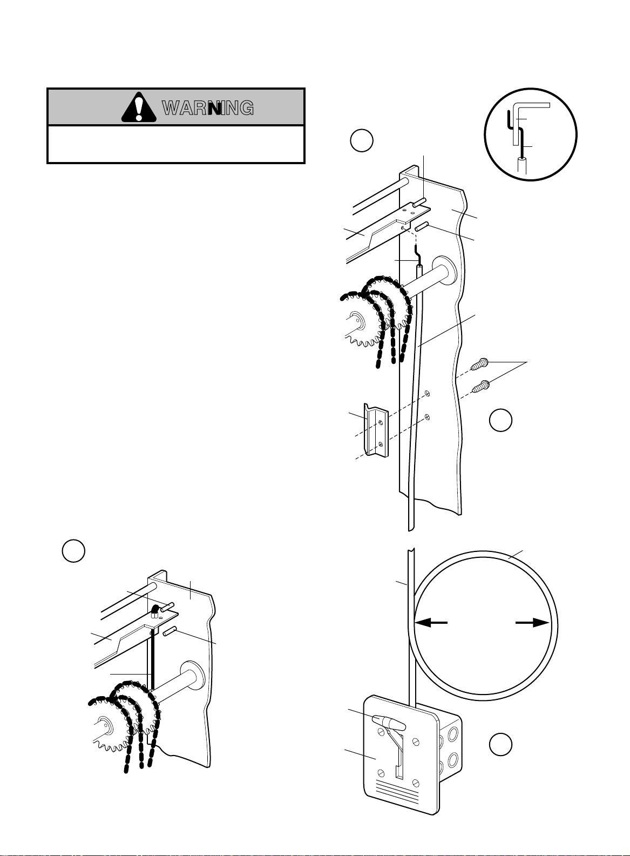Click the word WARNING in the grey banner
coord(208,108)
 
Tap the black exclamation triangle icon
coord(139,107)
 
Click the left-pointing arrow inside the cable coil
coord(431,623)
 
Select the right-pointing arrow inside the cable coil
coord(532,623)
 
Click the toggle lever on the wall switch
coord(389,722)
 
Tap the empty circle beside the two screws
coord(500,420)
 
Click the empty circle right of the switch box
coord(500,744)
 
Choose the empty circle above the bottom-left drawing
coord(73,551)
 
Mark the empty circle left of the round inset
coord(361,140)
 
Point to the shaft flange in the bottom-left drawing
coord(194,678)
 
